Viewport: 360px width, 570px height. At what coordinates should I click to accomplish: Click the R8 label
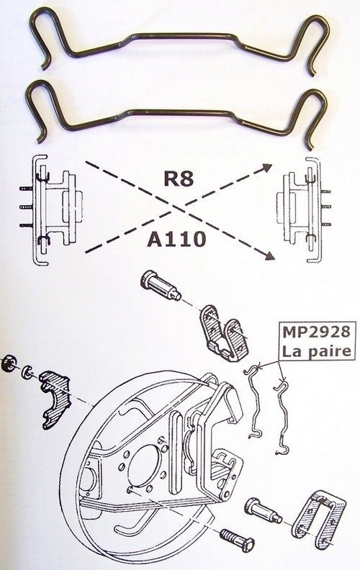(179, 178)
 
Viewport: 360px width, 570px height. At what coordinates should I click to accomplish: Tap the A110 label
(176, 239)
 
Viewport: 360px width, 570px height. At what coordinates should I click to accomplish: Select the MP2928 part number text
(316, 332)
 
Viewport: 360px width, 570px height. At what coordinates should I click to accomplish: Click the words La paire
(316, 350)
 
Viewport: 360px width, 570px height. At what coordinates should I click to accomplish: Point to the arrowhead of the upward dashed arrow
(268, 167)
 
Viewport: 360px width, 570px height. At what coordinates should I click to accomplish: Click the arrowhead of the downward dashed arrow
(269, 256)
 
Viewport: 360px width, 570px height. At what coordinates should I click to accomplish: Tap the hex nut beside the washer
(9, 363)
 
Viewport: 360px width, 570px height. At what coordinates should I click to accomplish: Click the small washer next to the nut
(26, 372)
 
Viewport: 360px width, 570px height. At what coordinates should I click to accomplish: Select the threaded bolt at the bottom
(237, 539)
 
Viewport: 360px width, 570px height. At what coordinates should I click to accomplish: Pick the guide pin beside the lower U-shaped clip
(263, 512)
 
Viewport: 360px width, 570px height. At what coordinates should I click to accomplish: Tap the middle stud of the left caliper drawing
(26, 207)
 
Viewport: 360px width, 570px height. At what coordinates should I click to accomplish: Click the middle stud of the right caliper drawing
(326, 207)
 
